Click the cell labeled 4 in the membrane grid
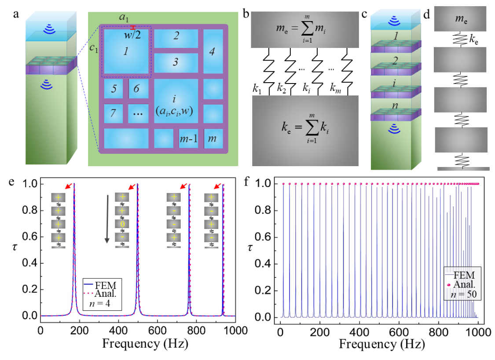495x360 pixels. (x=212, y=51)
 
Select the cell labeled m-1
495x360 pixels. (x=188, y=139)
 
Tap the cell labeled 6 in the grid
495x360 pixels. (x=136, y=89)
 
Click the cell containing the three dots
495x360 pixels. (x=139, y=113)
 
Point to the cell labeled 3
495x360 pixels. (x=176, y=62)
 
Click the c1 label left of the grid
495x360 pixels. (x=94, y=47)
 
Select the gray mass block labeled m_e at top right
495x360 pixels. (x=460, y=18)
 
